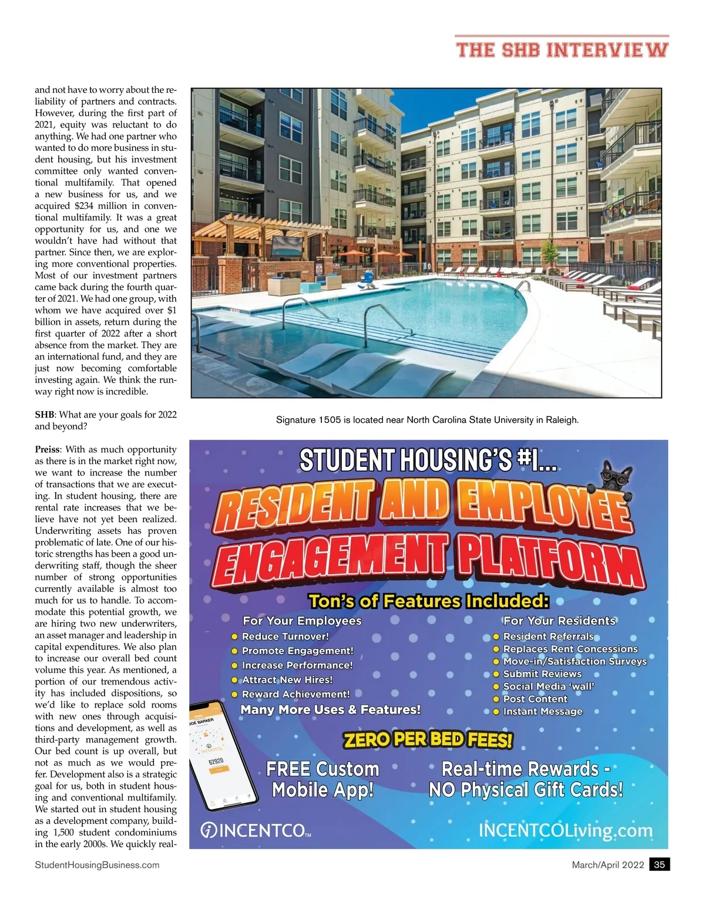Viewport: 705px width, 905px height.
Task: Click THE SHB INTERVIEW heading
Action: click(562, 49)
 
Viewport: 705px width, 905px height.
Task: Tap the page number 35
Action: click(659, 864)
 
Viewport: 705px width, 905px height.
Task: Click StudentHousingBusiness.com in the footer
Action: click(97, 864)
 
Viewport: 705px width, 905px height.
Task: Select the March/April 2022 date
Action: click(607, 864)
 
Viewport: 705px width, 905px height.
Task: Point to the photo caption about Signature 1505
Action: click(427, 420)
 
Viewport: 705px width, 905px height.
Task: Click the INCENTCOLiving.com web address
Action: click(565, 830)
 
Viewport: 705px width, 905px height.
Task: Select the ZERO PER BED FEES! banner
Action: click(428, 739)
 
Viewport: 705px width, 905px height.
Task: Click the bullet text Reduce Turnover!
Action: click(285, 636)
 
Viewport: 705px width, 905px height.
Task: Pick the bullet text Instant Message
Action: click(542, 711)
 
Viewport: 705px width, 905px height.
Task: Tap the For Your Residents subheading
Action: click(559, 621)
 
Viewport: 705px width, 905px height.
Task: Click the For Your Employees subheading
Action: click(302, 621)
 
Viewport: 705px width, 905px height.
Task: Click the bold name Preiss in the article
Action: click(47, 449)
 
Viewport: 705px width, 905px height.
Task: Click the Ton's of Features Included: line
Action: click(429, 601)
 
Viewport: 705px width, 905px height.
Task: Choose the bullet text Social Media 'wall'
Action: click(548, 687)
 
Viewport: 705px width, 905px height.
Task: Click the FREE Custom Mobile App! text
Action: click(323, 779)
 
